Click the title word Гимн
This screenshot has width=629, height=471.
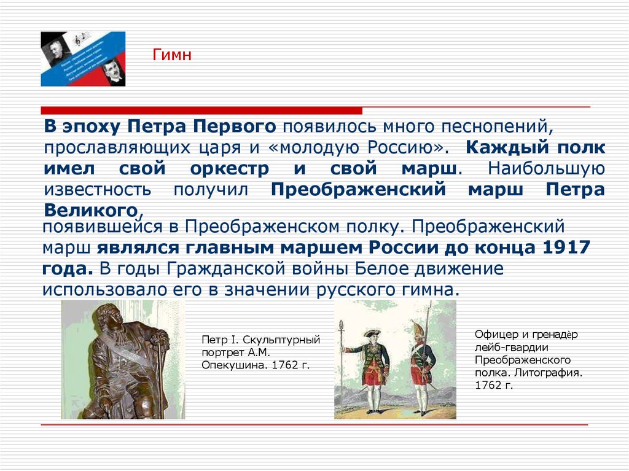pos(173,56)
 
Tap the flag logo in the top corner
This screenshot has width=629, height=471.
pos(83,59)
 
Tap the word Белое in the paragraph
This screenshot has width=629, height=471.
pos(382,268)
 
